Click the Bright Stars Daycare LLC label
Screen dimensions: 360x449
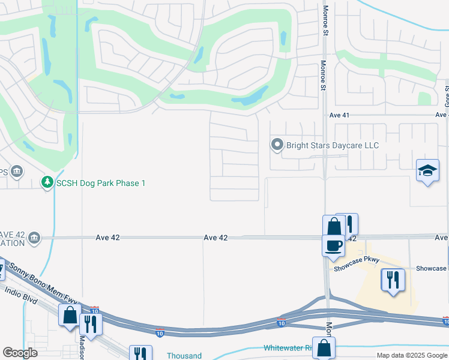click(332, 145)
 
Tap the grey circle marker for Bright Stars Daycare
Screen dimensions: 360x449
click(277, 145)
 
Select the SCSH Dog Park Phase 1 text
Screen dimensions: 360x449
click(101, 182)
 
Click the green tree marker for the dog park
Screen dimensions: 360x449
click(47, 182)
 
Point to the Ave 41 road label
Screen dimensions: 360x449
click(339, 115)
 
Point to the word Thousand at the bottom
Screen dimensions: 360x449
click(184, 356)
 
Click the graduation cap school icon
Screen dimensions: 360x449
click(427, 170)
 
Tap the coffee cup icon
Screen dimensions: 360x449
click(333, 244)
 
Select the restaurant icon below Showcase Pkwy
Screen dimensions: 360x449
click(393, 279)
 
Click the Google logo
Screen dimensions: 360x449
click(20, 353)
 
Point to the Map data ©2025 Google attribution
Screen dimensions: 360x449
click(411, 355)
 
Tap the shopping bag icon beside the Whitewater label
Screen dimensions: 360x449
click(324, 348)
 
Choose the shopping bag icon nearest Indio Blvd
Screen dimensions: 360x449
click(70, 314)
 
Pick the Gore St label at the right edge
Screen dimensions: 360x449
click(446, 93)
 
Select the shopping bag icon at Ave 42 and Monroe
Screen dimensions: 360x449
click(334, 227)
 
